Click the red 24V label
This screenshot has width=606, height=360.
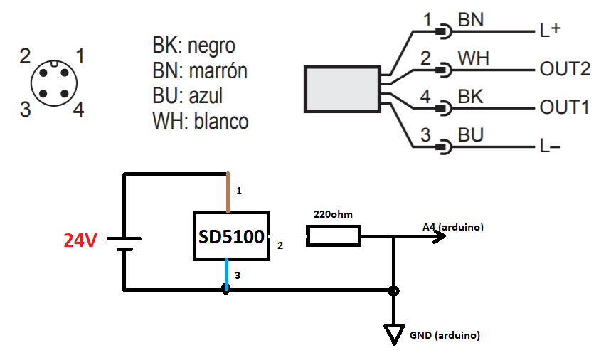coord(80,240)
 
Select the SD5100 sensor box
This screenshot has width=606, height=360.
coord(231,236)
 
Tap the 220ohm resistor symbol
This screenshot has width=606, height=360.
coord(334,236)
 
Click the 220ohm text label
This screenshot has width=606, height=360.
coord(333,214)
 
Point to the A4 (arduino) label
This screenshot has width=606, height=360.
coord(453,226)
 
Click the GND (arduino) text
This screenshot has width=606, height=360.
coord(445,335)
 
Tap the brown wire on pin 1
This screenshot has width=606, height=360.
coord(228,192)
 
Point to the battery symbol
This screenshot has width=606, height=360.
coord(124,244)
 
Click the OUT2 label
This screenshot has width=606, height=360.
coord(565,69)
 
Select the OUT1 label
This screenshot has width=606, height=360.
coord(564,107)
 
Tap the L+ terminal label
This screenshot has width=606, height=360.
coord(550,30)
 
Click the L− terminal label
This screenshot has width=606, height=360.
coord(550,147)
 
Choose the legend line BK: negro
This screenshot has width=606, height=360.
coord(193,46)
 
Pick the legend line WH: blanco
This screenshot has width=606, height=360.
coord(200,121)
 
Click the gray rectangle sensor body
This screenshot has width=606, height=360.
coord(342,90)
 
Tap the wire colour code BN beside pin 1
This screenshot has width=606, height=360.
coord(470,20)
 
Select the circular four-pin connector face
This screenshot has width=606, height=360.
coord(54,83)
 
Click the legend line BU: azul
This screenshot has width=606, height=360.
coord(188,95)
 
